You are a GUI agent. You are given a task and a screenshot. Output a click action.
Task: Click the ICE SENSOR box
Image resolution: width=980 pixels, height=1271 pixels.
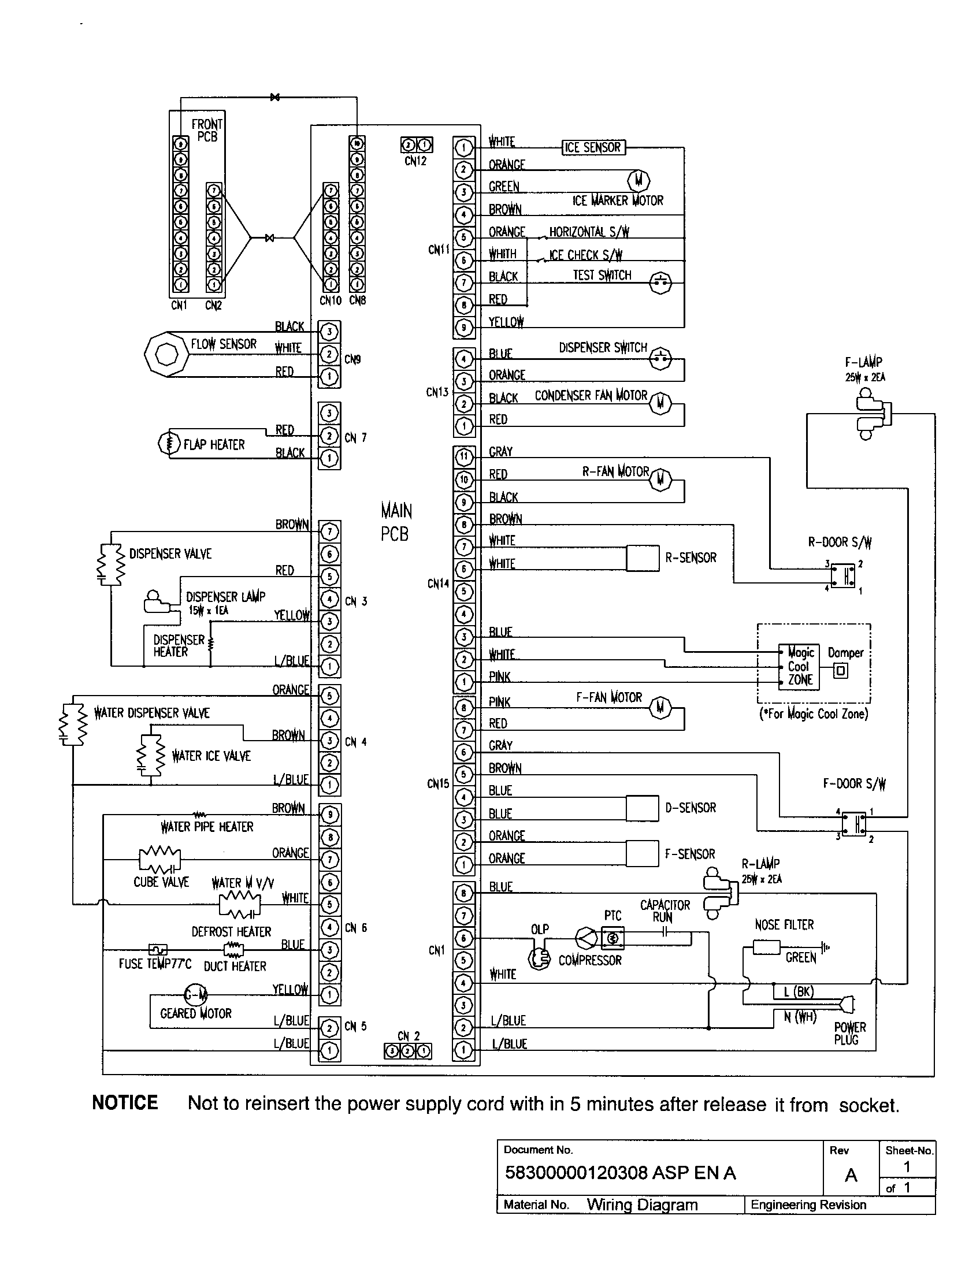click(x=593, y=147)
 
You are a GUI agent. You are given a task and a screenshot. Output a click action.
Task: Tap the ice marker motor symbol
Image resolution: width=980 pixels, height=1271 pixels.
click(x=639, y=180)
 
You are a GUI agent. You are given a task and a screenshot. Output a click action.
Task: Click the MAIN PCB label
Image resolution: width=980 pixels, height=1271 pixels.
click(x=395, y=522)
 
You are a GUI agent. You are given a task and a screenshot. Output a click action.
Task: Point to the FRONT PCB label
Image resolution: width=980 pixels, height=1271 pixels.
click(x=207, y=131)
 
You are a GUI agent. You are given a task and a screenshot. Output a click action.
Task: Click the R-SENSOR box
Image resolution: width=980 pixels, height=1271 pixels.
click(x=643, y=558)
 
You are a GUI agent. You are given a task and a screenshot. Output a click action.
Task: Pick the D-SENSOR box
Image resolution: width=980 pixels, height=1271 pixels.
click(x=643, y=808)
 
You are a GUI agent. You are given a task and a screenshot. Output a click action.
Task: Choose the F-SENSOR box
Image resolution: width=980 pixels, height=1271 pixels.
click(x=643, y=854)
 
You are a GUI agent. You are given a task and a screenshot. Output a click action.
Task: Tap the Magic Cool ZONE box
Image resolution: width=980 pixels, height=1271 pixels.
click(x=800, y=667)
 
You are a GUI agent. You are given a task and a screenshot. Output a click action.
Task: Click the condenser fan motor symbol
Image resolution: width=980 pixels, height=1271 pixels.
click(x=660, y=403)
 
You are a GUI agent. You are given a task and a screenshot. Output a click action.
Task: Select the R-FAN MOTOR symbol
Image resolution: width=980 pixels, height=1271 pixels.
click(x=660, y=479)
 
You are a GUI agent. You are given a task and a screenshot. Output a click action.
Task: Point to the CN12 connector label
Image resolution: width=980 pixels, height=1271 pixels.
click(x=415, y=161)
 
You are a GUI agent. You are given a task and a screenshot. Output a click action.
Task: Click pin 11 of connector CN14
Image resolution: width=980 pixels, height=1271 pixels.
click(x=463, y=457)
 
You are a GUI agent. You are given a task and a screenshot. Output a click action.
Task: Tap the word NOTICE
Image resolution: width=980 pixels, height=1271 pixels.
click(x=125, y=1103)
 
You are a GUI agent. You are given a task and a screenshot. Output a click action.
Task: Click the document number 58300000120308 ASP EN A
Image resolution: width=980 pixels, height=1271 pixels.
click(x=621, y=1172)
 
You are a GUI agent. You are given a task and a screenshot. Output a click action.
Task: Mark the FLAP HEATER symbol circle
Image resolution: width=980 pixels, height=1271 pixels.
click(x=169, y=444)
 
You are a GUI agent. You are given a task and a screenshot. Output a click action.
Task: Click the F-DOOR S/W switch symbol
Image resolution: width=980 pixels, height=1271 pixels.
click(x=853, y=823)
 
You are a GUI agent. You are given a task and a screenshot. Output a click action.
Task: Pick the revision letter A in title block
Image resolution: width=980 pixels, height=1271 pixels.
click(x=851, y=1175)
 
